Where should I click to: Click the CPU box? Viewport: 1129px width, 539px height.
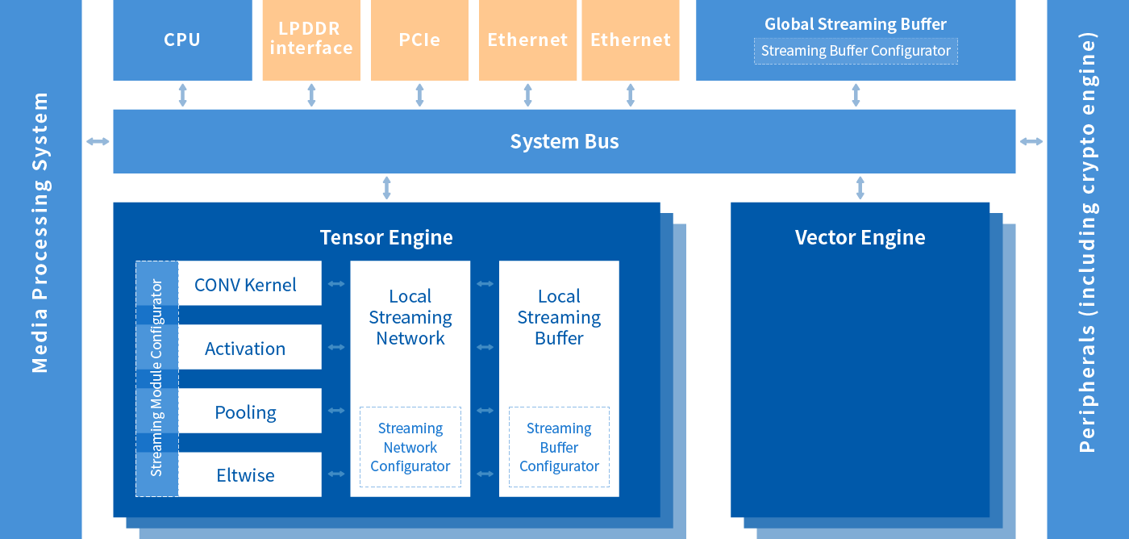[182, 40]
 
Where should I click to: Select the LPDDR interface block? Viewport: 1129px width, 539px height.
[311, 40]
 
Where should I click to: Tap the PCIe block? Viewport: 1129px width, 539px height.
[419, 40]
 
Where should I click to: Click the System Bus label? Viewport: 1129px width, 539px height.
[564, 142]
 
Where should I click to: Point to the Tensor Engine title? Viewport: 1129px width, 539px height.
[386, 237]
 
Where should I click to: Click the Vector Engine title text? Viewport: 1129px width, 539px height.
[860, 237]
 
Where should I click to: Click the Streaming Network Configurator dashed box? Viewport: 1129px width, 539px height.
[410, 447]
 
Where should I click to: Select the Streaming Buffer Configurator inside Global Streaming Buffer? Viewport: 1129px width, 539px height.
[856, 51]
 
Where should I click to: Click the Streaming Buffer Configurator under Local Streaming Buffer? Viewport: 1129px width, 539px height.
[559, 447]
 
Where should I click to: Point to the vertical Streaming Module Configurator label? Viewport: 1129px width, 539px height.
[156, 378]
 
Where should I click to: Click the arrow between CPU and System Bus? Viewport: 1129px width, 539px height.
[183, 94]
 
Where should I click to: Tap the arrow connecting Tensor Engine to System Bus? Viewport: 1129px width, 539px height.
[386, 187]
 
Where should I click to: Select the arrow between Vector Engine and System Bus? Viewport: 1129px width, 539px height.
[860, 187]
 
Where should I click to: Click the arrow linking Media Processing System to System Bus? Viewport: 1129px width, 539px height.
[98, 142]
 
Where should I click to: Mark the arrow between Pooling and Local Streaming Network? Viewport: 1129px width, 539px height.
[335, 411]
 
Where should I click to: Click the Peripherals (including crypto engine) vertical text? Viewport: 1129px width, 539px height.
[1088, 242]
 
